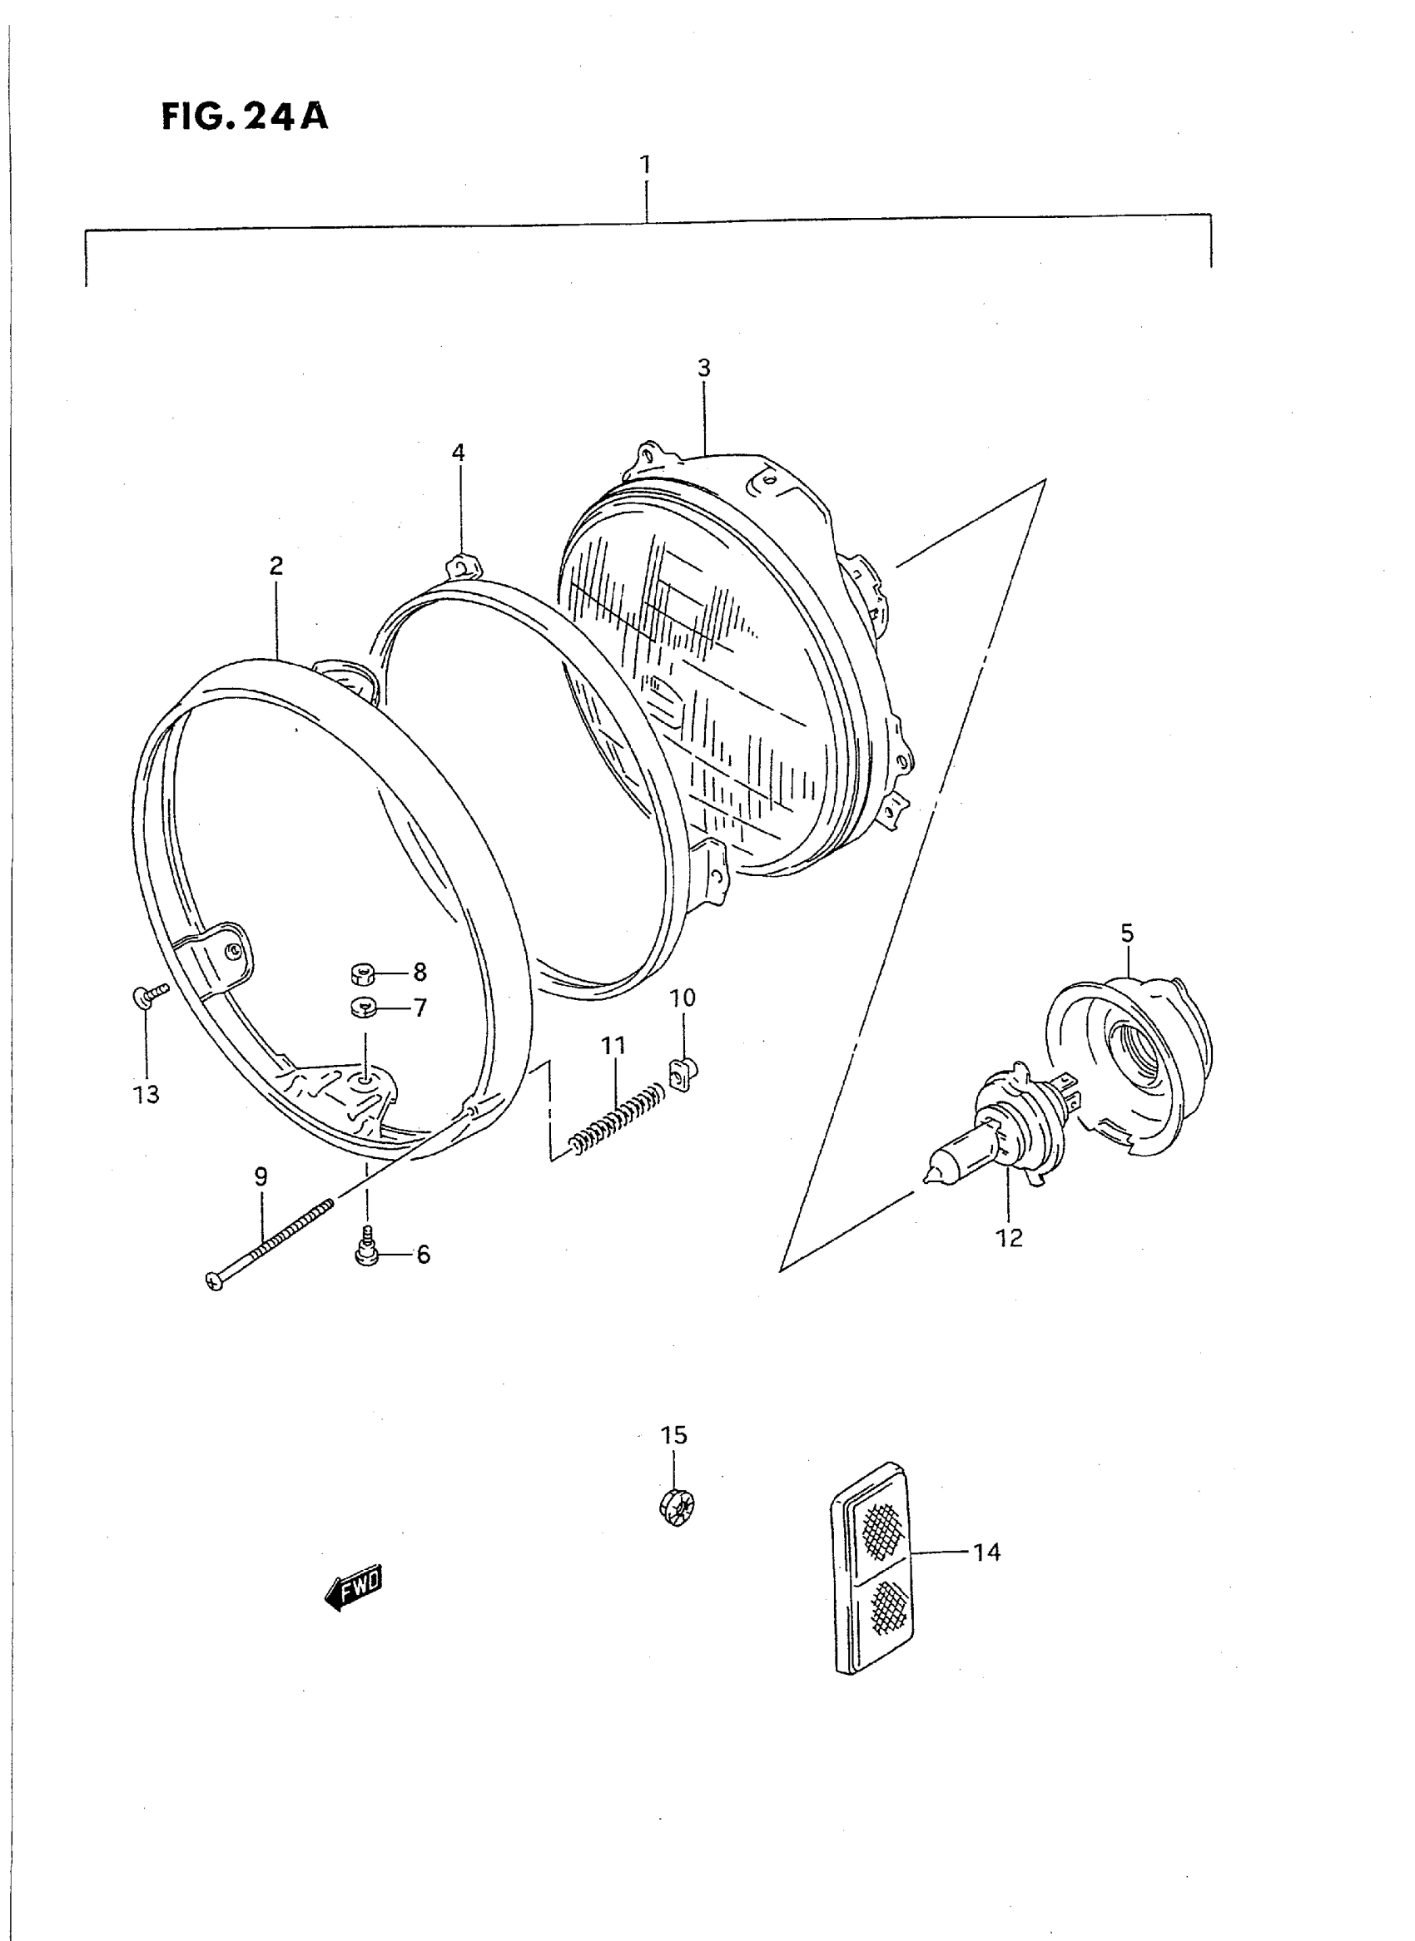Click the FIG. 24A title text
click(245, 116)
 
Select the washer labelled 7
click(364, 1008)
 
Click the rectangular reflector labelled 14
click(871, 1567)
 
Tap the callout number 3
click(703, 369)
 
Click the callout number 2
click(276, 566)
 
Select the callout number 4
click(459, 452)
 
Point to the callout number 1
click(645, 164)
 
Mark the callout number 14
click(986, 1552)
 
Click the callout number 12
click(1010, 1238)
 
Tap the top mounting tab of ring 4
click(463, 567)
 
